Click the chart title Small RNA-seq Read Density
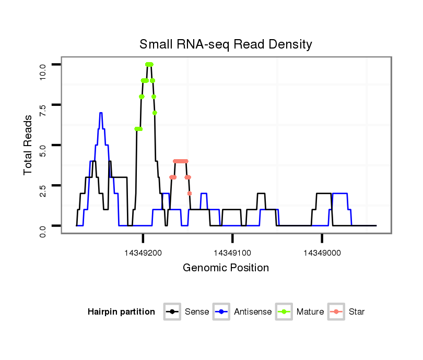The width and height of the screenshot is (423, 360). pyautogui.click(x=225, y=44)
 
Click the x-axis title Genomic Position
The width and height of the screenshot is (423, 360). pyautogui.click(x=226, y=268)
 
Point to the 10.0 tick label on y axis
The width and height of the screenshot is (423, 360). pyautogui.click(x=43, y=65)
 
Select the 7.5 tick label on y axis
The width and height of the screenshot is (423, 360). pyautogui.click(x=43, y=105)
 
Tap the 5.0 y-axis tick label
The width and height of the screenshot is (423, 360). pyautogui.click(x=43, y=145)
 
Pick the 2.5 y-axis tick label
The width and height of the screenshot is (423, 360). pyautogui.click(x=43, y=186)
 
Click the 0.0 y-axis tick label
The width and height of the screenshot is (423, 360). pyautogui.click(x=43, y=226)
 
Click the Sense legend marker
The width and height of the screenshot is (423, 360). pyautogui.click(x=172, y=312)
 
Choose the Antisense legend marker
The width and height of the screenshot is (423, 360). pyautogui.click(x=221, y=312)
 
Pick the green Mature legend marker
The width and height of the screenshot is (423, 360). pyautogui.click(x=284, y=312)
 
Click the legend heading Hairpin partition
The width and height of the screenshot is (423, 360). pyautogui.click(x=121, y=312)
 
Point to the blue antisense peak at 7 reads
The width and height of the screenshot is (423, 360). pyautogui.click(x=100, y=113)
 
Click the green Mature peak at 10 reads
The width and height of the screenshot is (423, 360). pyautogui.click(x=149, y=64)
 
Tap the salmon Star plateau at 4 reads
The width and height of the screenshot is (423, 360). pyautogui.click(x=180, y=161)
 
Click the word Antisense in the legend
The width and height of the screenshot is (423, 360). pyautogui.click(x=253, y=312)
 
